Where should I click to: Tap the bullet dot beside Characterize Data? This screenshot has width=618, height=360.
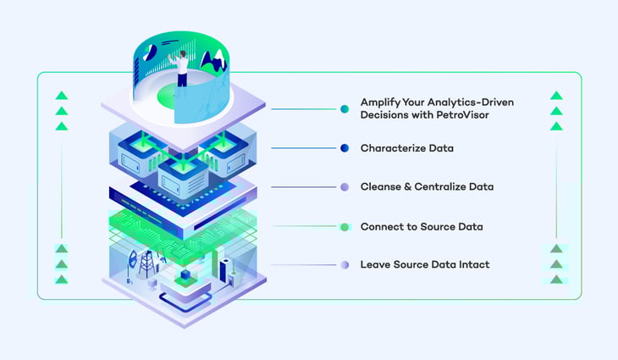[345, 148]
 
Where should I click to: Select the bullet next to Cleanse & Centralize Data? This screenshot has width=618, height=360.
[345, 187]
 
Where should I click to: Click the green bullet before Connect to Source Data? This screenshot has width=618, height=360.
[345, 227]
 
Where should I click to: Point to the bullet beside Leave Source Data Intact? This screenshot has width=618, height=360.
[345, 265]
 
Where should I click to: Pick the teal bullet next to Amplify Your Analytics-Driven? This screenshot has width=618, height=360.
[345, 109]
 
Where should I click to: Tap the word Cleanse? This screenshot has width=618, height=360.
[382, 187]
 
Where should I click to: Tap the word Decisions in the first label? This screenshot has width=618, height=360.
[385, 116]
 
